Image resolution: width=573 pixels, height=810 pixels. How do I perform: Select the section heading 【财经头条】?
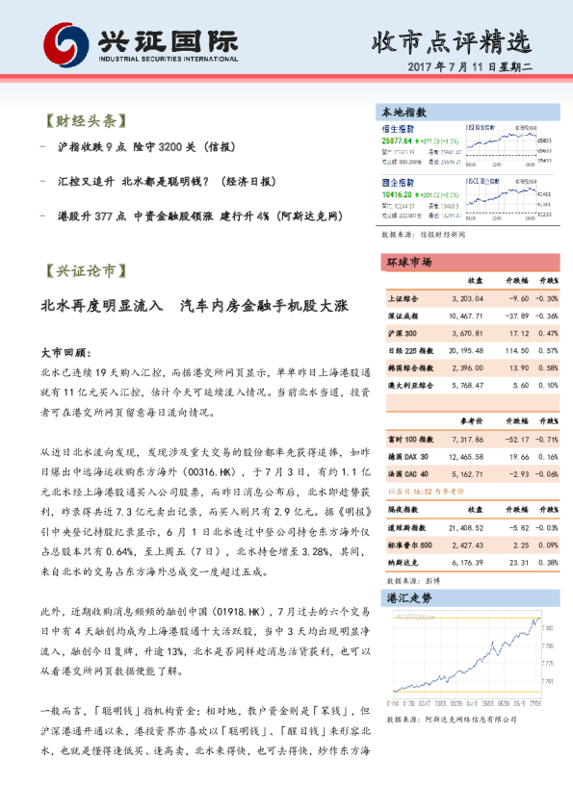pos(84,122)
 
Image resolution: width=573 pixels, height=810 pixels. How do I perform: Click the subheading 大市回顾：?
pos(65,353)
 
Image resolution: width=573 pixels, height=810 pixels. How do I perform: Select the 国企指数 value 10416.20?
pos(398,193)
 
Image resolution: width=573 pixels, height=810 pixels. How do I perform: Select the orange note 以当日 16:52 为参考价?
pos(422,490)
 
